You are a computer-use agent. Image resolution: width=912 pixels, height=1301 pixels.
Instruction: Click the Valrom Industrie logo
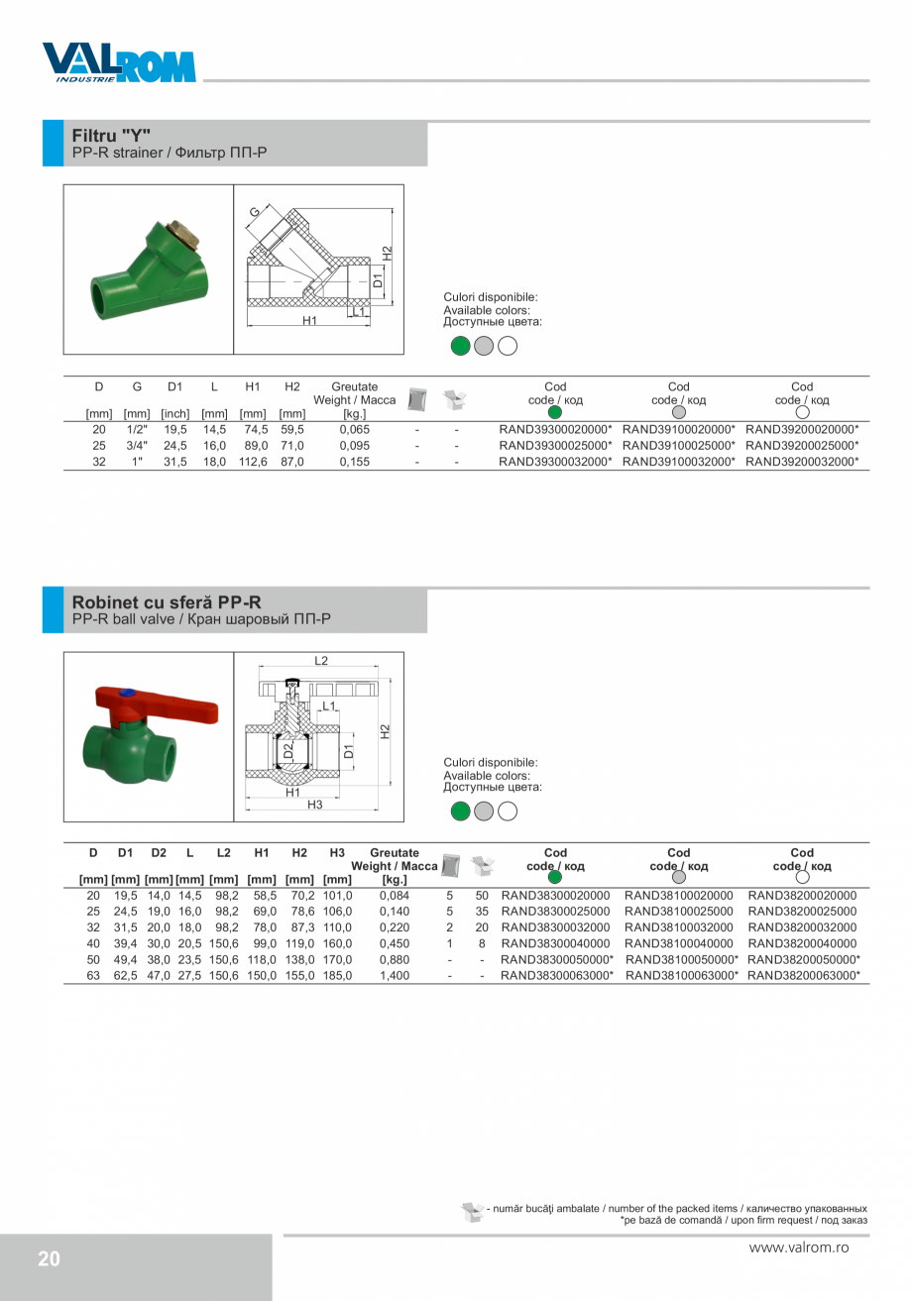coord(119,62)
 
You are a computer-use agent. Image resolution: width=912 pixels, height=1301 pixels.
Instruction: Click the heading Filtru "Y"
coord(111,134)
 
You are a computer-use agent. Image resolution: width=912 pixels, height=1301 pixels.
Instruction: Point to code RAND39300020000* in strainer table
coord(555,430)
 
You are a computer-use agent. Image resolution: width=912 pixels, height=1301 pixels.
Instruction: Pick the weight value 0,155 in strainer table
coord(354,462)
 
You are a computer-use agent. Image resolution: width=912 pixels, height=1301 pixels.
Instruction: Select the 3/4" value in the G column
coord(137,446)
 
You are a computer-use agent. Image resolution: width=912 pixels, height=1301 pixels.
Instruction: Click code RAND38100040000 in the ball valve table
coord(679,943)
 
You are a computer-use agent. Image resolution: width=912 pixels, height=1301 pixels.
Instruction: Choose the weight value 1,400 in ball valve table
coord(394,975)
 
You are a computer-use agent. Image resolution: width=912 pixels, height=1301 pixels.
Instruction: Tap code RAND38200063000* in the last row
coord(803,975)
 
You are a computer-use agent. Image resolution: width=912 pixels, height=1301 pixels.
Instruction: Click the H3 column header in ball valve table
coord(337,852)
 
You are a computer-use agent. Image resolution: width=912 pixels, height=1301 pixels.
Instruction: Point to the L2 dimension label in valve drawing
coord(321,661)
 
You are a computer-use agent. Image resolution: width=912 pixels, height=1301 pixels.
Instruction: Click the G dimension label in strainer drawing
coord(255,212)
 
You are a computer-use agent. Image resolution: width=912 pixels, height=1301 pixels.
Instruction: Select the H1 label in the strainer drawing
coord(309,321)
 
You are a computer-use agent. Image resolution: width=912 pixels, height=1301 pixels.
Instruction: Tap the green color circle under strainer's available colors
coord(459,346)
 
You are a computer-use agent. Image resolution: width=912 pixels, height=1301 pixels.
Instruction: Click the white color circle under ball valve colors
coord(508,812)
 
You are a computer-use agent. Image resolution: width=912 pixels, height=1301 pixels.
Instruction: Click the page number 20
coord(49,1259)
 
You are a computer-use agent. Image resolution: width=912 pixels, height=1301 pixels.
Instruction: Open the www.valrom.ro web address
coord(799,1248)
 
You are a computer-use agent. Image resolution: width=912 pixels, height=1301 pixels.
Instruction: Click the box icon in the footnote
coord(472,1212)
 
